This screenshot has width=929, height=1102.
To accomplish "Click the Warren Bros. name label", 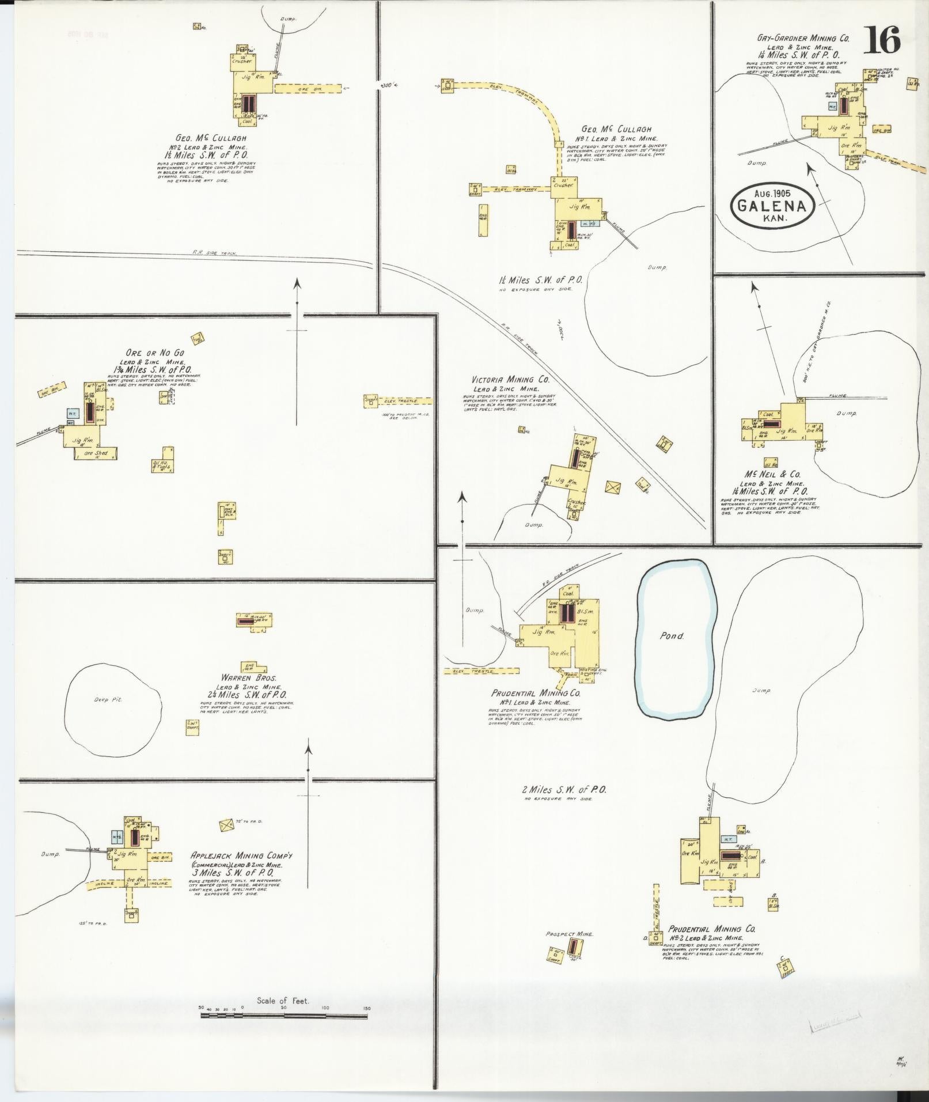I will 241,679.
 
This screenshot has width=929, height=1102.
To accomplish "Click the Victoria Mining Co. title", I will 510,380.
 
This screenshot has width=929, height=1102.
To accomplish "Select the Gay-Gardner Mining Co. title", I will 803,39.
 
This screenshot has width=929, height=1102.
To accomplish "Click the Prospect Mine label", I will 569,934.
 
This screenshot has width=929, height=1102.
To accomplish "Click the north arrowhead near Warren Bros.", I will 308,749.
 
